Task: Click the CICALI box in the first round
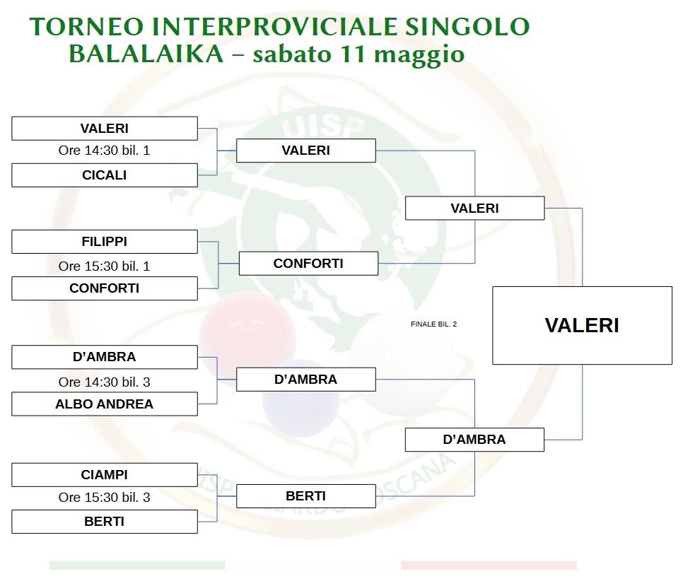click(105, 175)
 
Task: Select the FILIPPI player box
click(105, 242)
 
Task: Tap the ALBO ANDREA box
click(105, 404)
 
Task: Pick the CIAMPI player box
click(105, 475)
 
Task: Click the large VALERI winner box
click(583, 325)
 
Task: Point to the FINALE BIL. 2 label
click(434, 324)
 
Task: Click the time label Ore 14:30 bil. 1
click(104, 151)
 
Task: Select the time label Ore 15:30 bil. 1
click(104, 266)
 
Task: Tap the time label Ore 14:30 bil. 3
click(104, 382)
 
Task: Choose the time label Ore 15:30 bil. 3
click(104, 498)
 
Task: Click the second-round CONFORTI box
click(308, 264)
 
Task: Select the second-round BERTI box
click(305, 496)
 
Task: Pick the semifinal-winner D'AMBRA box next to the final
click(474, 440)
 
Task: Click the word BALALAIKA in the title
click(146, 54)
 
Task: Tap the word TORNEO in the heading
click(87, 26)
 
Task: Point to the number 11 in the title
click(352, 54)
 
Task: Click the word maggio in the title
click(419, 56)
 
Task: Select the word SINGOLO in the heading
click(467, 26)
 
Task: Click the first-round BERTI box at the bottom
click(105, 522)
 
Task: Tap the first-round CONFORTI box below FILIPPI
click(105, 288)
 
